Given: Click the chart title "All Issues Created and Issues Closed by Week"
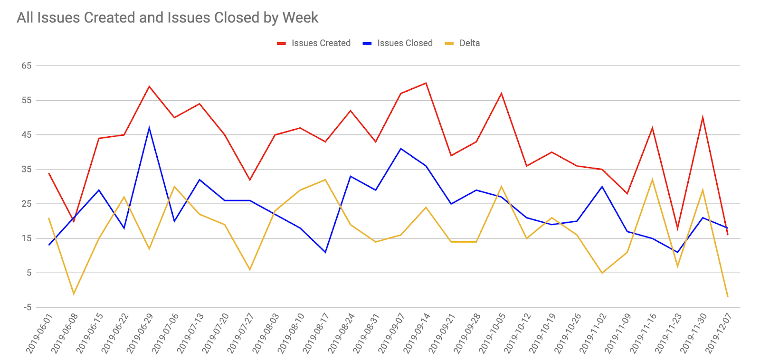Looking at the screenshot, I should coord(167,18).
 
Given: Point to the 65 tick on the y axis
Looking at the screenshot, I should coord(27,66).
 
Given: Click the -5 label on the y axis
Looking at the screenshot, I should coord(28,307).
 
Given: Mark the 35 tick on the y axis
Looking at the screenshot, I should coord(27,170).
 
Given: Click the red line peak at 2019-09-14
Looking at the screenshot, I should coord(426,83).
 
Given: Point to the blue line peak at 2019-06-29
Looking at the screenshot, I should coord(149,128).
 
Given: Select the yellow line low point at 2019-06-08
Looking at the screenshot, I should coord(74,294).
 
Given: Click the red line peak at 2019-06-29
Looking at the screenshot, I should coord(149,86).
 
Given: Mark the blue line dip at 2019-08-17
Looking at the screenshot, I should coord(325,252).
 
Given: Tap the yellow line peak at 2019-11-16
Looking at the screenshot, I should coord(652,180).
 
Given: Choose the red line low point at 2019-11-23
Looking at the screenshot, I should coord(677,228).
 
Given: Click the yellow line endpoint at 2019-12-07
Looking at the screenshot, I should coord(728,297).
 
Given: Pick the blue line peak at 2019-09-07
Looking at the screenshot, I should coord(401,149).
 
